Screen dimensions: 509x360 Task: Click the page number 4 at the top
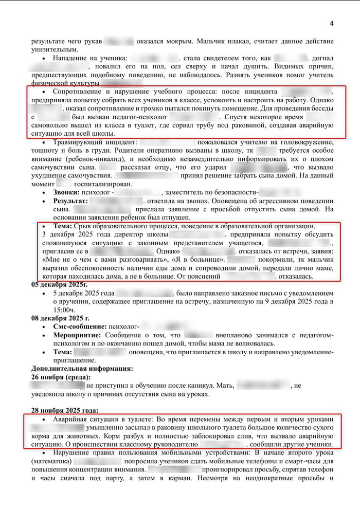tap(331, 24)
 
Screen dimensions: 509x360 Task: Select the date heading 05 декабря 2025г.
tap(59, 284)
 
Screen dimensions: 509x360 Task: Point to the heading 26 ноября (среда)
tap(64, 376)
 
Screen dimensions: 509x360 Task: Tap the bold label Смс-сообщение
tap(80, 326)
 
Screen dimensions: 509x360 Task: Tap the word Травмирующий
tap(81, 142)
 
